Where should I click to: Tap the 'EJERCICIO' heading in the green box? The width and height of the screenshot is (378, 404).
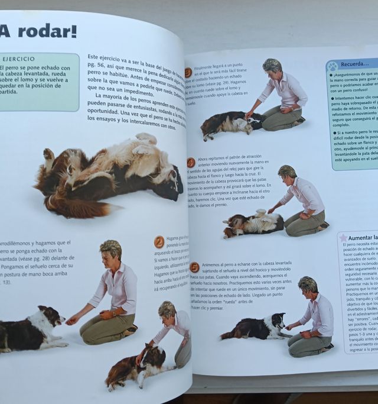pyautogui.click(x=19, y=59)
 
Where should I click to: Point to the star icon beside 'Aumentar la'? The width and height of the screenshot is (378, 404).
pyautogui.click(x=343, y=237)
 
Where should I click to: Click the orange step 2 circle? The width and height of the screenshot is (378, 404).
pyautogui.click(x=159, y=241)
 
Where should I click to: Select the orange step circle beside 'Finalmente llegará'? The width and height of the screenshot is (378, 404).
pyautogui.click(x=188, y=73)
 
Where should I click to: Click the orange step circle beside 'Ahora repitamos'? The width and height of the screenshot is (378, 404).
pyautogui.click(x=191, y=162)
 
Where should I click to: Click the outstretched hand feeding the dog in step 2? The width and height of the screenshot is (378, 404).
pyautogui.click(x=73, y=320)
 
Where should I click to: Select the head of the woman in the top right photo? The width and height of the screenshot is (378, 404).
pyautogui.click(x=272, y=67)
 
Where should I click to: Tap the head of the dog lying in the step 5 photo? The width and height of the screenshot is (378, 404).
pyautogui.click(x=275, y=323)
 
